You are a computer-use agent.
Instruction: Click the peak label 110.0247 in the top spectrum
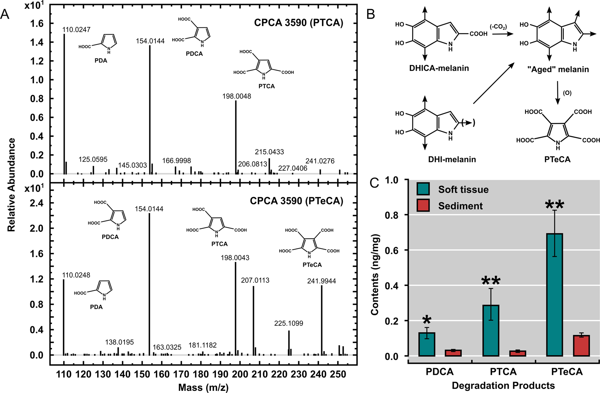click(x=76, y=30)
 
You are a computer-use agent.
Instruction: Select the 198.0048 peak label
click(x=237, y=96)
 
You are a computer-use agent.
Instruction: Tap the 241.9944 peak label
click(x=322, y=281)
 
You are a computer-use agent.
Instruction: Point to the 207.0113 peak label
click(x=255, y=280)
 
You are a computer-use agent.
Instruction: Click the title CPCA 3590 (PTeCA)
click(x=296, y=201)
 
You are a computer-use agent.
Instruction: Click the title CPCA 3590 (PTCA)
click(x=299, y=23)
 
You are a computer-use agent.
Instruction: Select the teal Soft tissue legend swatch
click(x=423, y=189)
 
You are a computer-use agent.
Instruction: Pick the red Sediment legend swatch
click(x=423, y=206)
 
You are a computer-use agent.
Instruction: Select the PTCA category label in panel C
click(x=503, y=372)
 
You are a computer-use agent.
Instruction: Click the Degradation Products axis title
click(x=503, y=385)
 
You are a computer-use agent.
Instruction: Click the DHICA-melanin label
click(x=439, y=68)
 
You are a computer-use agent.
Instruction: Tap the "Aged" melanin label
click(x=558, y=69)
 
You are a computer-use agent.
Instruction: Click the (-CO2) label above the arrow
click(x=498, y=27)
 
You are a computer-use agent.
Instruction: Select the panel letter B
click(x=370, y=15)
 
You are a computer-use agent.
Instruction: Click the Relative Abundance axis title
click(x=11, y=185)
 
